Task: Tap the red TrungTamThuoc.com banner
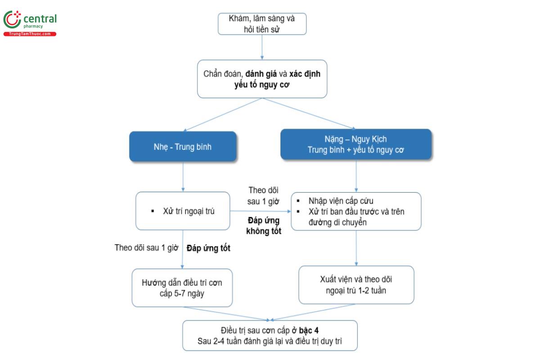pyautogui.click(x=30, y=34)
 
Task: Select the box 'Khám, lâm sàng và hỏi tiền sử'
pyautogui.click(x=262, y=24)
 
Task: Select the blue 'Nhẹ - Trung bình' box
pyautogui.click(x=183, y=146)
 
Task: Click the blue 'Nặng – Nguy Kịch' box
pyautogui.click(x=356, y=144)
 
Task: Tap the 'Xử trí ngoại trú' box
pyautogui.click(x=183, y=211)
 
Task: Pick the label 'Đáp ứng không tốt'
pyautogui.click(x=264, y=226)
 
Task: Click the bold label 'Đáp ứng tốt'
pyautogui.click(x=208, y=248)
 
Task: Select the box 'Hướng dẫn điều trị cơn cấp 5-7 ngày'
pyautogui.click(x=182, y=288)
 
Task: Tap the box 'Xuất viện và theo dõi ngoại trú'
pyautogui.click(x=356, y=285)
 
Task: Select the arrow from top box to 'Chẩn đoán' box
pyautogui.click(x=262, y=47)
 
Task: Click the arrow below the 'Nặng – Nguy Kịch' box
pyautogui.click(x=356, y=175)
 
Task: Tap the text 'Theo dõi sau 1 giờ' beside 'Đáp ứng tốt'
pyautogui.click(x=147, y=248)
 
